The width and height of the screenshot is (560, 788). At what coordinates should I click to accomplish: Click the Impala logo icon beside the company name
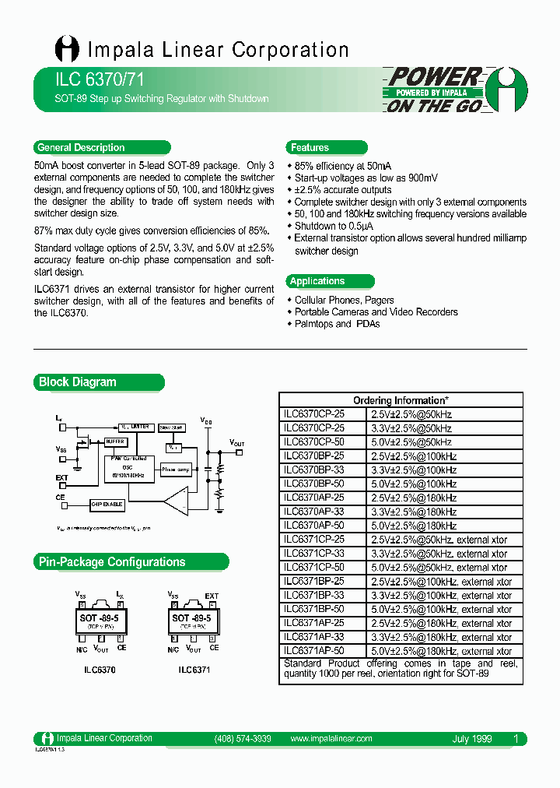point(67,49)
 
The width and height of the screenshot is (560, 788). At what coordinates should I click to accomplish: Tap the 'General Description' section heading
point(81,147)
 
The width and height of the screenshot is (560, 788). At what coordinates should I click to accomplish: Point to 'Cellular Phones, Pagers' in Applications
point(344,300)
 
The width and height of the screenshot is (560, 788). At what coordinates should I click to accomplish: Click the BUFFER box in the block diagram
point(116,441)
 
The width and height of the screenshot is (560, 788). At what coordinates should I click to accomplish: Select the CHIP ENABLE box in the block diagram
point(107,504)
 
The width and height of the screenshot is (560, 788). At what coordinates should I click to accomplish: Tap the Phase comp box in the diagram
point(176,470)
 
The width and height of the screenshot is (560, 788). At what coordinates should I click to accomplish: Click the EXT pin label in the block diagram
point(61,477)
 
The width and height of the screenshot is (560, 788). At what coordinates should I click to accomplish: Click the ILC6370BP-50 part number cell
point(313,484)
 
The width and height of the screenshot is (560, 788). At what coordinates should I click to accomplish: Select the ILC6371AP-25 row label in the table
point(313,623)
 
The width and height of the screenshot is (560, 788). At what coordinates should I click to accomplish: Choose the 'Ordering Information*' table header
point(401,400)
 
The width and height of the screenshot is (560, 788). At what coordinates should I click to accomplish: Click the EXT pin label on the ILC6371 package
point(211,596)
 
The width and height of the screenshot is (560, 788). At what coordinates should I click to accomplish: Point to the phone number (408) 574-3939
point(242,738)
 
